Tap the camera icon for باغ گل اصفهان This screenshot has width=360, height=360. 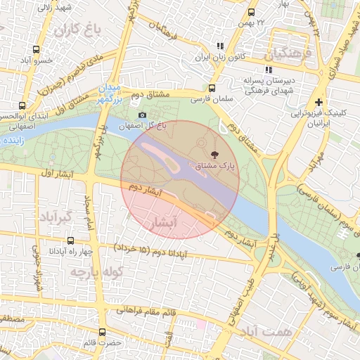point(143,115)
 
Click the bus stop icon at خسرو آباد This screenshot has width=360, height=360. point(36,50)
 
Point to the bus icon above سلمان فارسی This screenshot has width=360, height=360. point(212,88)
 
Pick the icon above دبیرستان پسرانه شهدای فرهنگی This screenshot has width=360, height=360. point(268,70)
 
